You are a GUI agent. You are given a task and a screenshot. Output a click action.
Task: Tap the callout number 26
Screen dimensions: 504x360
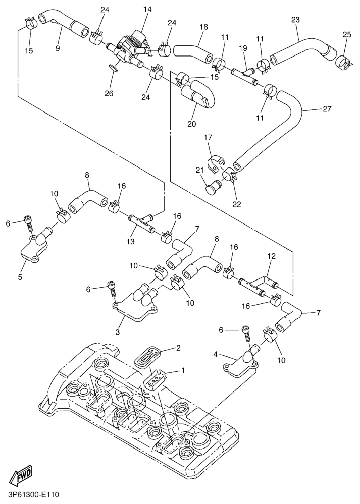coord(109,93)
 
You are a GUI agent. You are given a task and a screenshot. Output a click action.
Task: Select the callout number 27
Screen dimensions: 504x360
coord(327,108)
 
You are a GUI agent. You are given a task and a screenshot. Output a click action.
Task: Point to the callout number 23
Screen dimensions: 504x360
coord(296,20)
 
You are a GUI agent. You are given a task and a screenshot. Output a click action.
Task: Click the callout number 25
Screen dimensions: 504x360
coord(346,34)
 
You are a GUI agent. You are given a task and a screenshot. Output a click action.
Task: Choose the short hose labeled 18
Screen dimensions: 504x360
coord(192,52)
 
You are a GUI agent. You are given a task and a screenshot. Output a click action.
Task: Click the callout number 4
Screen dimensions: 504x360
coord(216,355)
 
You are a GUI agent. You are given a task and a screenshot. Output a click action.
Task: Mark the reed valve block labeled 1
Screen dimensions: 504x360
coord(156,379)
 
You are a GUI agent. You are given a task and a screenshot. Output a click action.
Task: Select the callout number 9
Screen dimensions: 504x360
coord(58,48)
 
